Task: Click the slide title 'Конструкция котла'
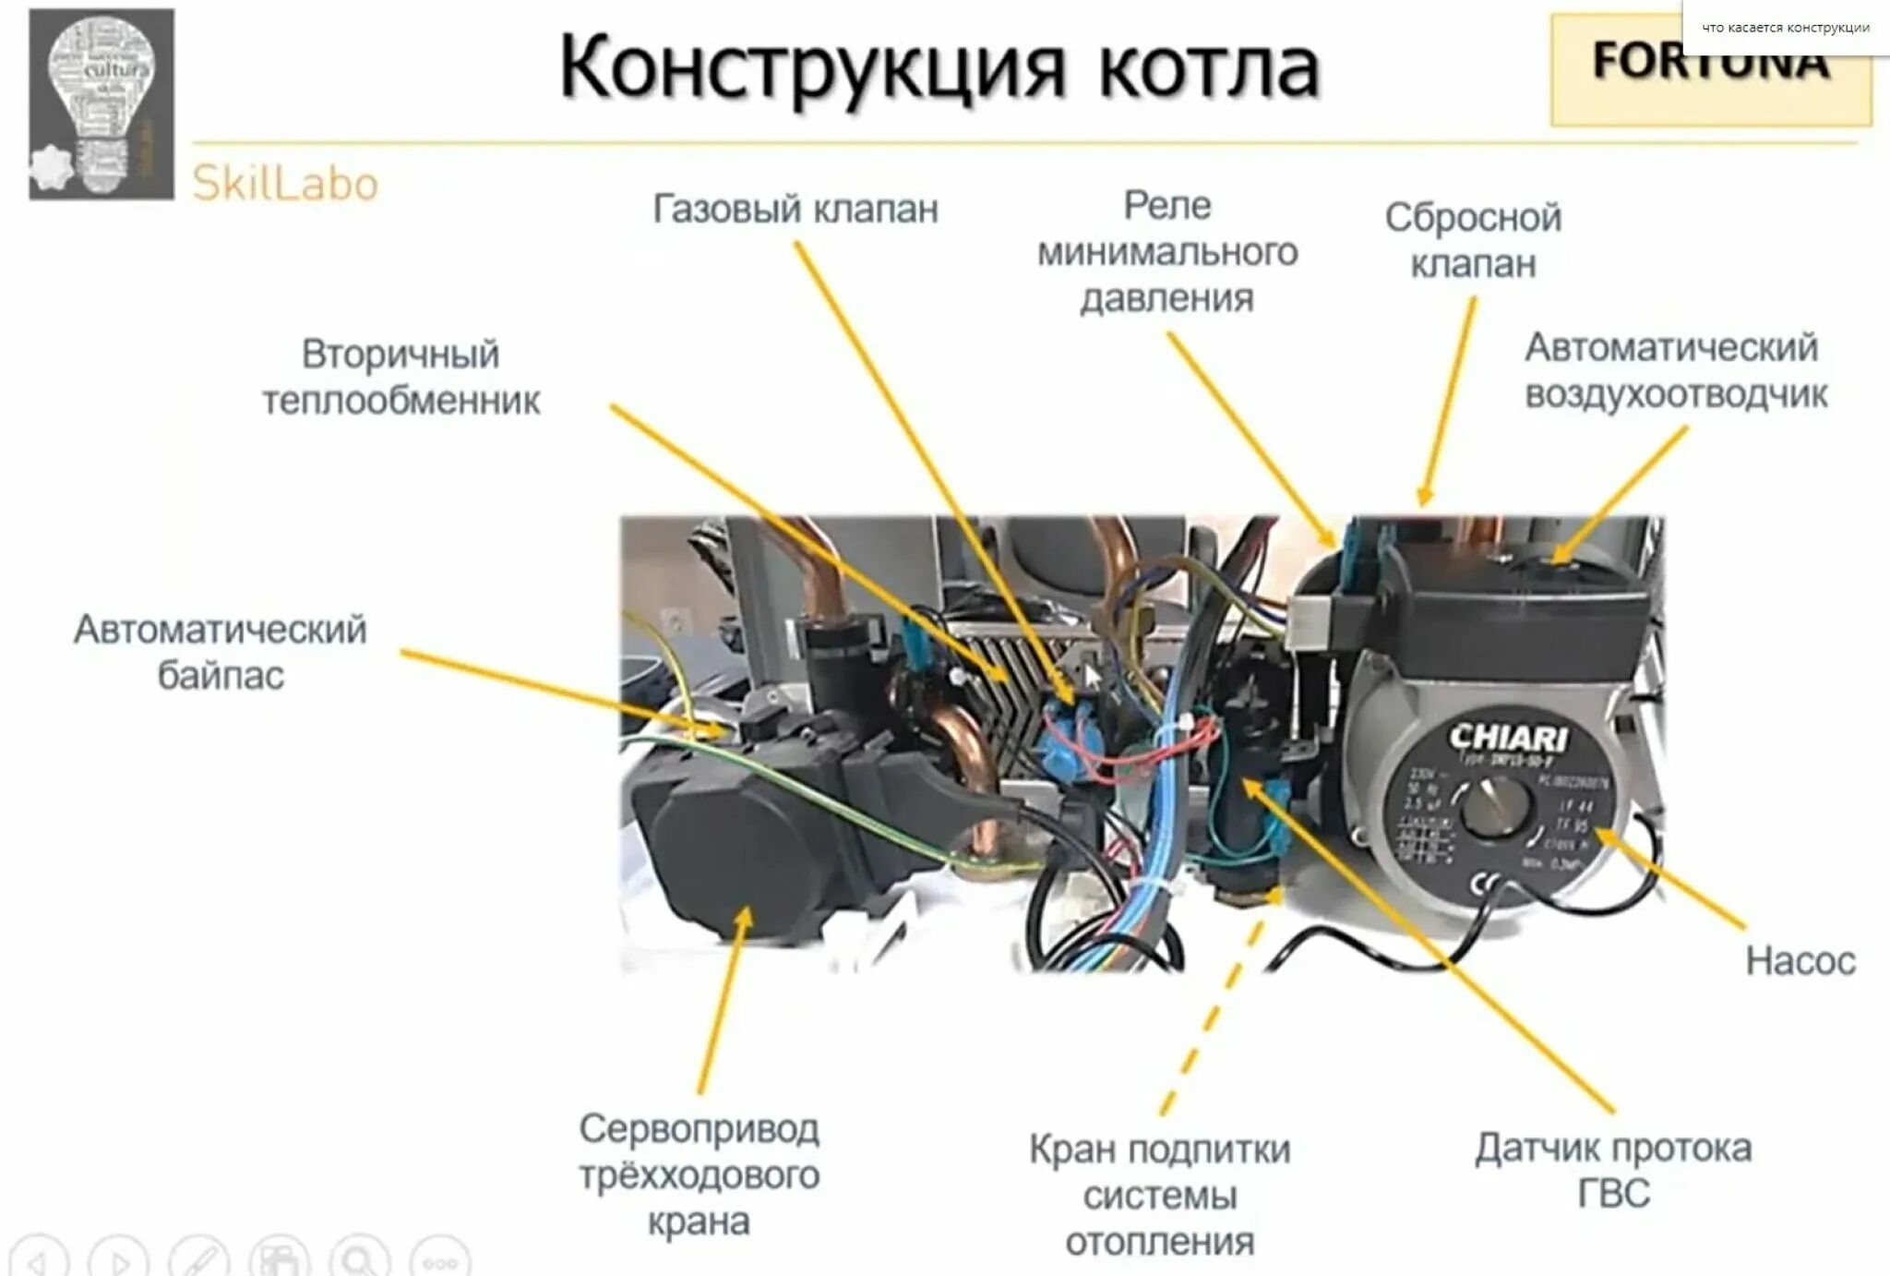[x=939, y=66]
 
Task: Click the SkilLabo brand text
[x=285, y=185]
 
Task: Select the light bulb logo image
[x=102, y=103]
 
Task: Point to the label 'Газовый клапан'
[x=795, y=210]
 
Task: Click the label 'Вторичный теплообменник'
[x=401, y=378]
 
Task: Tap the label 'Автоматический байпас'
[x=221, y=652]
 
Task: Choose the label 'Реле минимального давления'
[x=1167, y=252]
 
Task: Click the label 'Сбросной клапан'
[x=1473, y=241]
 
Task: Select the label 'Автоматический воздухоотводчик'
[x=1675, y=371]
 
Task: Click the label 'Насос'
[x=1800, y=961]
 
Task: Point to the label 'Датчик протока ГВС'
[x=1613, y=1170]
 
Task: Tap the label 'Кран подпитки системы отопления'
[x=1160, y=1195]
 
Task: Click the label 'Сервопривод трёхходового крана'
[x=699, y=1174]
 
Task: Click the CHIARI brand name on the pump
[x=1507, y=737]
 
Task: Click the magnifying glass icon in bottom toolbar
[x=360, y=1259]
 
